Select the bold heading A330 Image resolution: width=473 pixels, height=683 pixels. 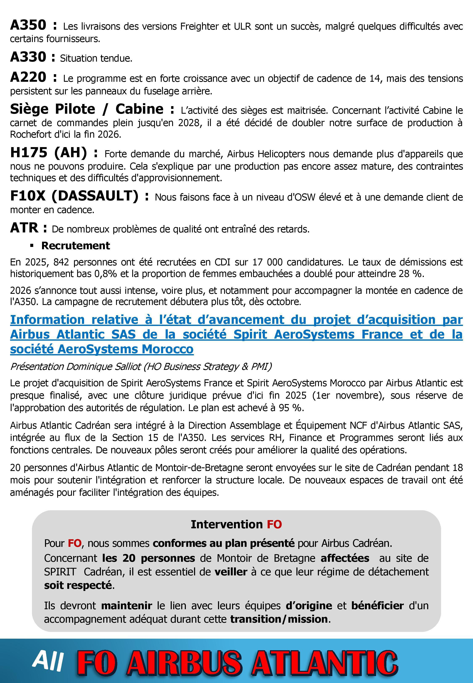click(x=28, y=57)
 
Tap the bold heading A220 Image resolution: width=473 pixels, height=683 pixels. click(x=28, y=77)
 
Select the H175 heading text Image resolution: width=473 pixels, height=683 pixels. click(x=29, y=153)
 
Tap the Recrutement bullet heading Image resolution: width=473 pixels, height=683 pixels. click(x=75, y=245)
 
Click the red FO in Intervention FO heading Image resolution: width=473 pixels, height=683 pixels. click(x=274, y=524)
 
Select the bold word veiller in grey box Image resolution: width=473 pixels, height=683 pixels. click(x=231, y=572)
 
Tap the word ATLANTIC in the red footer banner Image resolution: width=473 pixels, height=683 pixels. click(x=325, y=662)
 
